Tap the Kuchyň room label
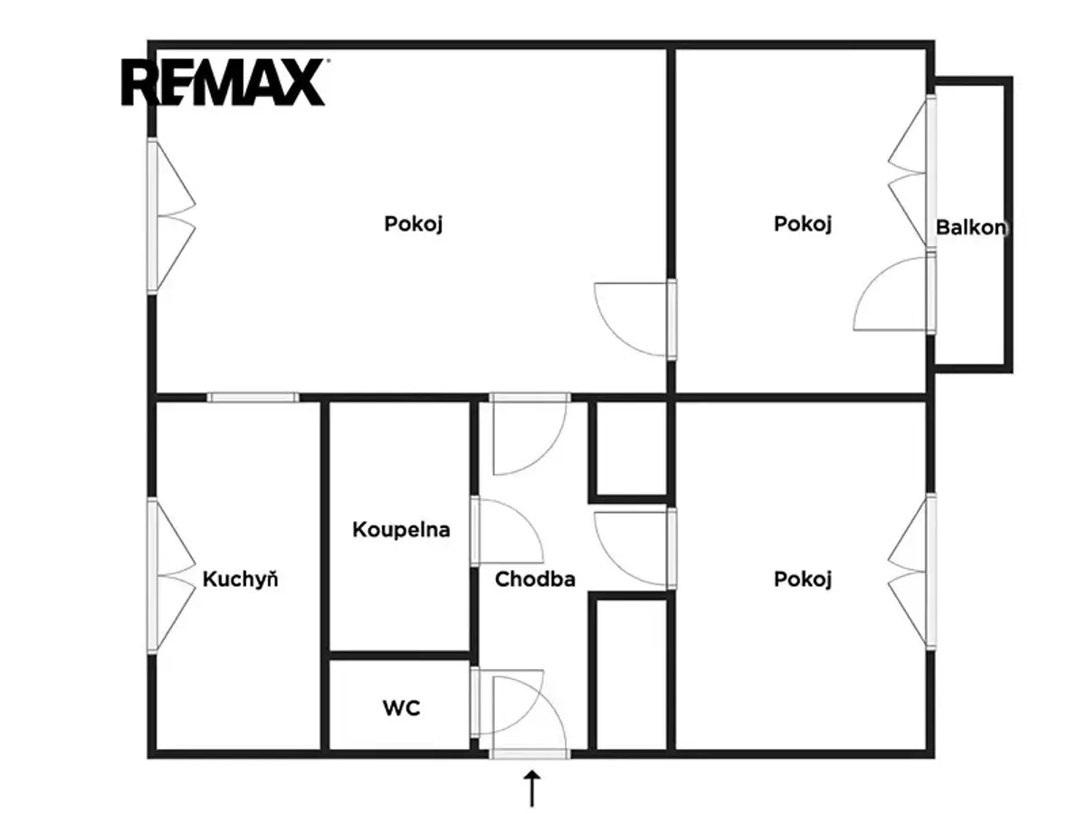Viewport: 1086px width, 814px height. pyautogui.click(x=241, y=579)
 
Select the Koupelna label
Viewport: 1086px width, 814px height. pyautogui.click(x=401, y=529)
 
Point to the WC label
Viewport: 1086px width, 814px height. pyautogui.click(x=401, y=708)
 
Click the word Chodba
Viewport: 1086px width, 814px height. pyautogui.click(x=535, y=579)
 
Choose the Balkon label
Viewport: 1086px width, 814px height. pyautogui.click(x=971, y=227)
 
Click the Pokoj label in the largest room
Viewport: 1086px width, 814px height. pyautogui.click(x=413, y=224)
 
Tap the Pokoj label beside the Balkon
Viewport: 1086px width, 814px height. pyautogui.click(x=803, y=224)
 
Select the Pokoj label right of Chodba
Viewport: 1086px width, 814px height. pyautogui.click(x=803, y=579)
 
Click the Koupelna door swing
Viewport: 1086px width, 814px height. pyautogui.click(x=507, y=531)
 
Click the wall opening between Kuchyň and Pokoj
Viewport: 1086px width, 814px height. pyautogui.click(x=252, y=397)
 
